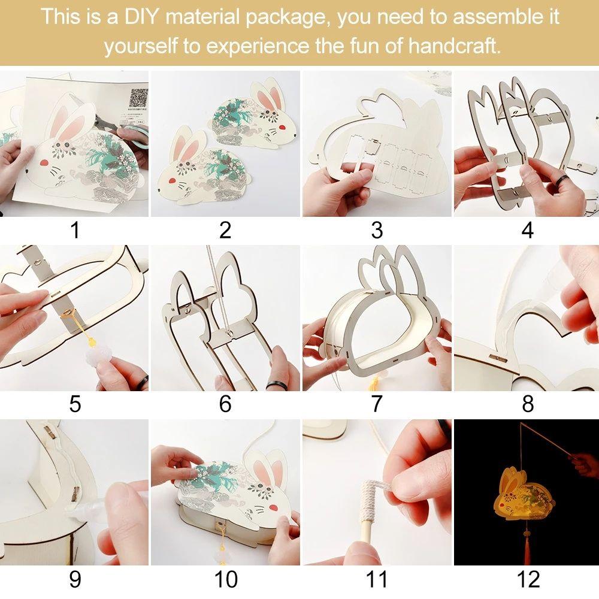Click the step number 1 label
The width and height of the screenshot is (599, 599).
tap(75, 230)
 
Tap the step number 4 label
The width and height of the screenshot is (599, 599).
tap(528, 230)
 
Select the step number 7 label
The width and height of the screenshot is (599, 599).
tap(377, 404)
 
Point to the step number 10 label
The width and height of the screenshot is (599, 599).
tap(226, 579)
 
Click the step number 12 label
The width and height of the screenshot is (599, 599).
tap(528, 579)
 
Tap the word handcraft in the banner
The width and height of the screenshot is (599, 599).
tap(454, 46)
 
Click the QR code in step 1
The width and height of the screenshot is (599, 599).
tap(138, 98)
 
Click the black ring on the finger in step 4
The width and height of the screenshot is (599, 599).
tap(561, 182)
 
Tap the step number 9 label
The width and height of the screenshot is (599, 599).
tap(75, 579)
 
